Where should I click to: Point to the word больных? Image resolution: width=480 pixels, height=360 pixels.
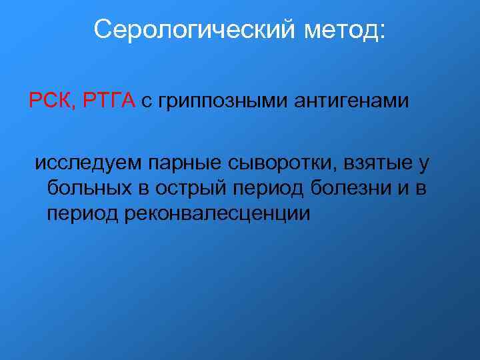point(89,189)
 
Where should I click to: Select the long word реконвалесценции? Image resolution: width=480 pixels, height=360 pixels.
point(217,214)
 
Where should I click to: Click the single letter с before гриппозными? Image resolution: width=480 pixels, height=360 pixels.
point(146,102)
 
